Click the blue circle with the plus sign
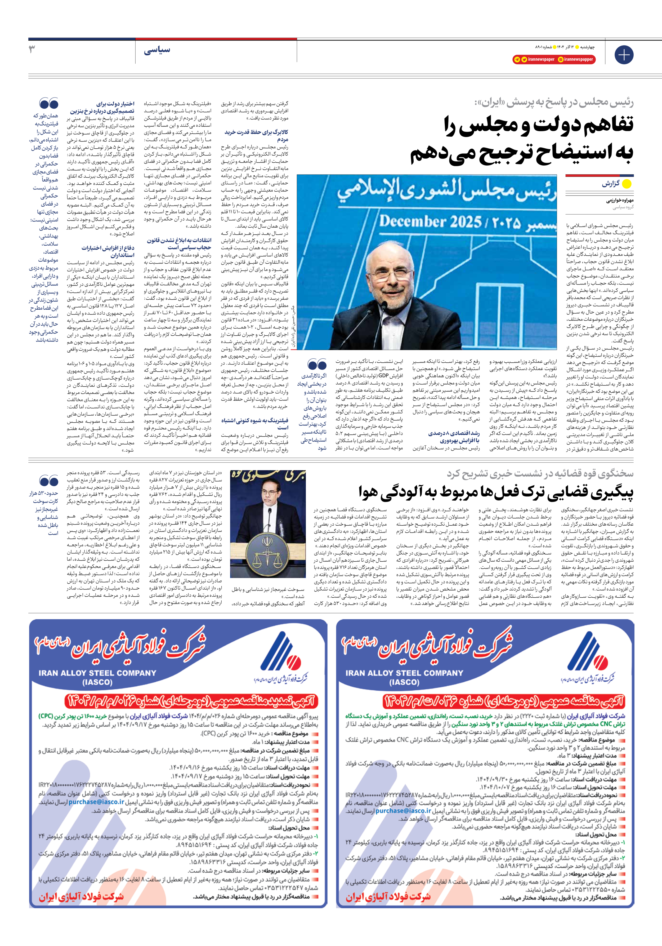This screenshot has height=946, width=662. tap(624, 55)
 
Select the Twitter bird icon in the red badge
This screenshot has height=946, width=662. tap(524, 59)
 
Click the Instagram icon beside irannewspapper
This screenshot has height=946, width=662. tap(561, 59)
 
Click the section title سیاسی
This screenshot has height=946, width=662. tap(157, 50)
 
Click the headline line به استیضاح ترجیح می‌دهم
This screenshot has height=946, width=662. tap(521, 152)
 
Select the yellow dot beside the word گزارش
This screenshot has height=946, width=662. tap(627, 184)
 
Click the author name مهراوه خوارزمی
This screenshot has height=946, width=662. tap(620, 201)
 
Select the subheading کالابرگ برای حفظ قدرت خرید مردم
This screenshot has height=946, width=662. tap(256, 136)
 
